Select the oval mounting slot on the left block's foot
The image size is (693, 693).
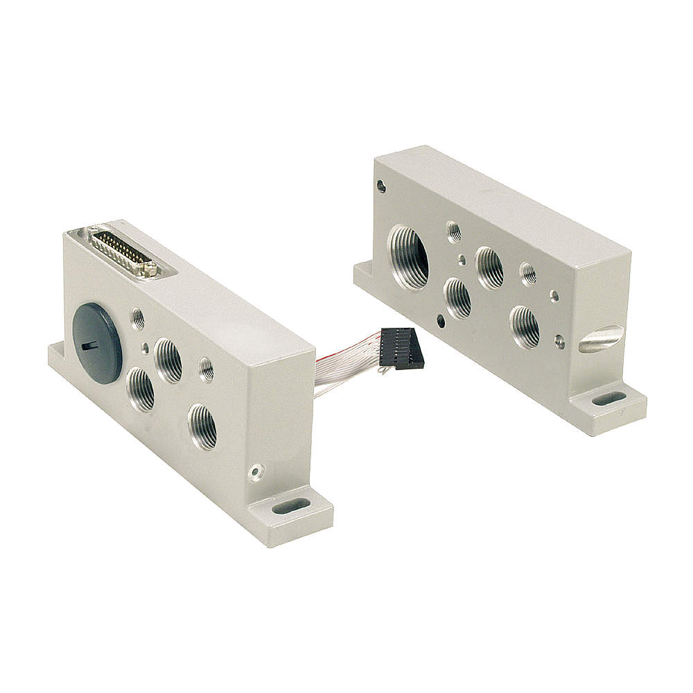(290, 507)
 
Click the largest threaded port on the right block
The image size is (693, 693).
(410, 256)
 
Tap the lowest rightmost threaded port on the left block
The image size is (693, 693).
(202, 427)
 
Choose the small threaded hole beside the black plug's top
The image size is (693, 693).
(139, 319)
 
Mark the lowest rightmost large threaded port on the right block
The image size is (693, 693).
(525, 326)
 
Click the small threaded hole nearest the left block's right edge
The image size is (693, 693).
(207, 369)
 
